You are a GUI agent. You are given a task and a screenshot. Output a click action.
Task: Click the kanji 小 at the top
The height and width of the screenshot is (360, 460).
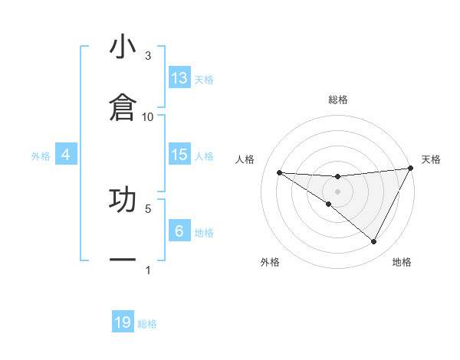(123, 47)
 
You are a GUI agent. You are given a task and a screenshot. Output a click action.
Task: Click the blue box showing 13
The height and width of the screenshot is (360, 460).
(179, 78)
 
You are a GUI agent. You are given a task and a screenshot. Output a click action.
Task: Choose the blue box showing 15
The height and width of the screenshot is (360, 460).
(179, 155)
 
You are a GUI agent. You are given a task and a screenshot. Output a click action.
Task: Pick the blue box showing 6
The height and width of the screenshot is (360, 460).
(179, 231)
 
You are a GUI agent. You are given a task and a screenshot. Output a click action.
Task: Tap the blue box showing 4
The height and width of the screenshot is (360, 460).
(66, 155)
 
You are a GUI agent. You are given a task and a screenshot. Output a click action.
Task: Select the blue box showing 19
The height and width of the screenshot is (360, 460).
(123, 322)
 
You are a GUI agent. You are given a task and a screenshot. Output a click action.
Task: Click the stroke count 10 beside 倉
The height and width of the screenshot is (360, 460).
(148, 116)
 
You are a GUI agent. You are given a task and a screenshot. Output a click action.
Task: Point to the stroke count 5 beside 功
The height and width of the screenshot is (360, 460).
(148, 208)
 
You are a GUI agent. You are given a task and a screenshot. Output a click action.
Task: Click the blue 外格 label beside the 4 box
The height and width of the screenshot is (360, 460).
(41, 155)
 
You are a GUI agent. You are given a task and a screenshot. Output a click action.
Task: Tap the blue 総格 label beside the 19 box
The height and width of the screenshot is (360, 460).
(147, 323)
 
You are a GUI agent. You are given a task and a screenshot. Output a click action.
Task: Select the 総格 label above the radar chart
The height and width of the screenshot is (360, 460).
(337, 100)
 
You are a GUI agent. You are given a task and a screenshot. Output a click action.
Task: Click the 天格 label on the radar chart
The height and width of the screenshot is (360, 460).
(431, 159)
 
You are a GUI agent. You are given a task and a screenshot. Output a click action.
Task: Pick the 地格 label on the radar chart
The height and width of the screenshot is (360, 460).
(401, 262)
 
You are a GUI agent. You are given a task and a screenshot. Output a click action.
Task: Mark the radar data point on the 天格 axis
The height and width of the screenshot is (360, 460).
(411, 169)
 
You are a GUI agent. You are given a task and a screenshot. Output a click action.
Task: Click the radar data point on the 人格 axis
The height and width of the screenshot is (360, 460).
(279, 172)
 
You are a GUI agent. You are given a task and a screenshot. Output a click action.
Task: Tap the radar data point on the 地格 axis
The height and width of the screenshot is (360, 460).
(373, 241)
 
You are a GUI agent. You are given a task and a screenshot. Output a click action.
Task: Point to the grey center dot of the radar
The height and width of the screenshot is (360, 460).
(337, 191)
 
